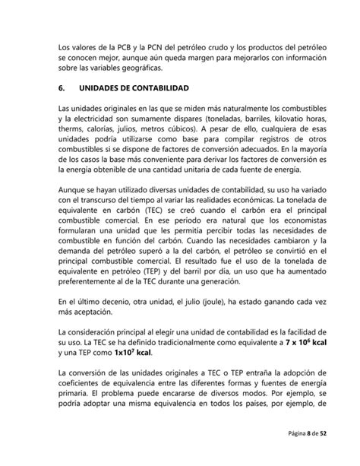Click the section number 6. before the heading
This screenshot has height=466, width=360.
click(x=62, y=88)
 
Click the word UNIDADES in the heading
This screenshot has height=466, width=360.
click(x=115, y=88)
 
